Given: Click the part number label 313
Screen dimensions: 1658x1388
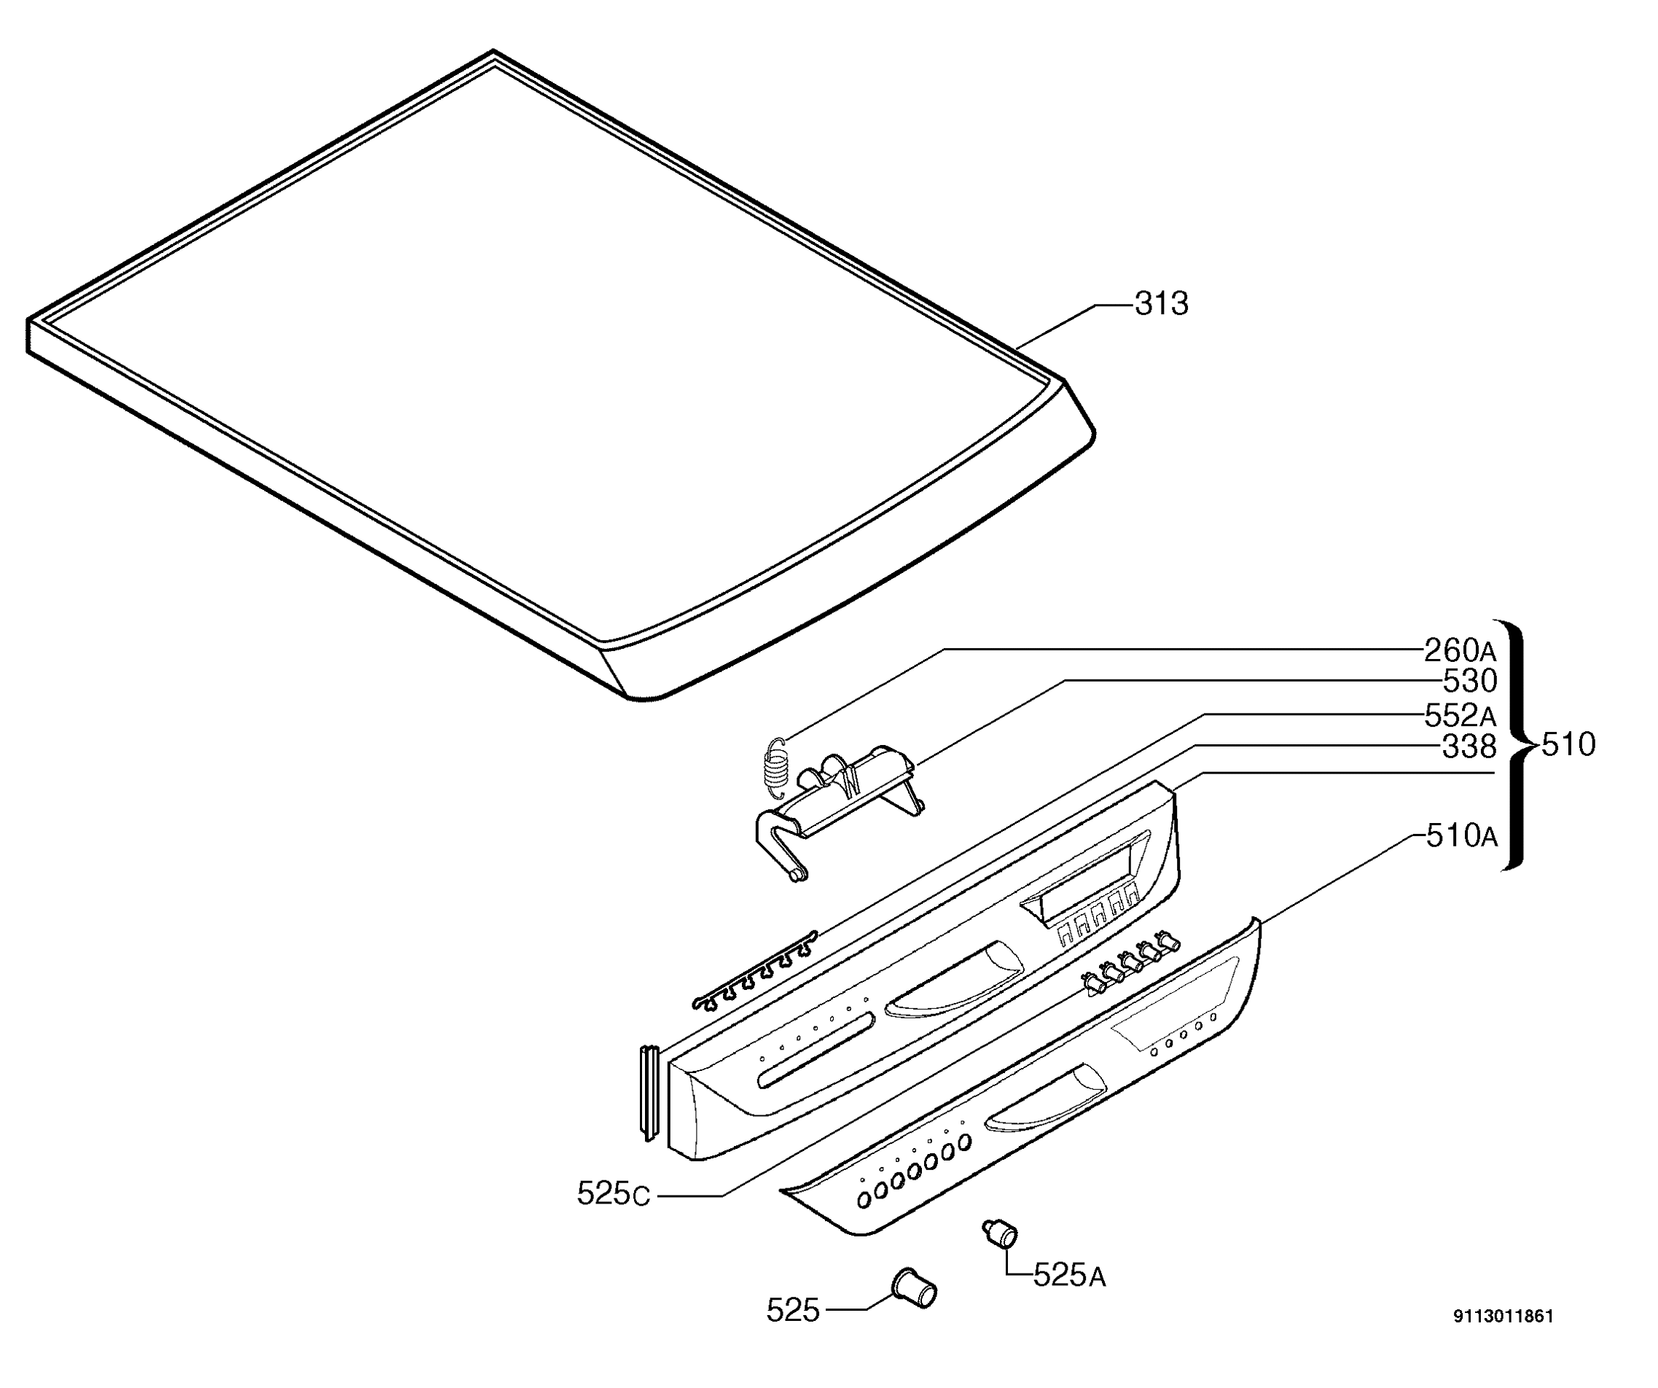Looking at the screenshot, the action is click(x=1162, y=303).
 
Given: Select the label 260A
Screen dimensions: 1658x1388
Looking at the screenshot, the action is click(x=1460, y=650).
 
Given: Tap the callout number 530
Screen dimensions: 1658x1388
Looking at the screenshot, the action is click(x=1469, y=681).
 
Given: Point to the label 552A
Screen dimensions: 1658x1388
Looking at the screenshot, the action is click(x=1460, y=715).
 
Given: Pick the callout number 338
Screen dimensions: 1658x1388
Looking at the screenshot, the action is click(x=1469, y=746).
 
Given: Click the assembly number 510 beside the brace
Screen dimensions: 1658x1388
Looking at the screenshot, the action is click(x=1568, y=744).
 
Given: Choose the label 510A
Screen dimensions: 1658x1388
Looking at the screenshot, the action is click(x=1461, y=836).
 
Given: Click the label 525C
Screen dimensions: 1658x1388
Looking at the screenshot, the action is click(x=614, y=1194).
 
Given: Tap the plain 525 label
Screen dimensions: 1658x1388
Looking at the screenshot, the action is click(x=793, y=1311).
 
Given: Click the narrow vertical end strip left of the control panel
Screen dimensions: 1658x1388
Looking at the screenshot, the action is click(x=648, y=1093).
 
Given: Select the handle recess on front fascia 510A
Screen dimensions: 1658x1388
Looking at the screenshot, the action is click(x=1045, y=1097).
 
